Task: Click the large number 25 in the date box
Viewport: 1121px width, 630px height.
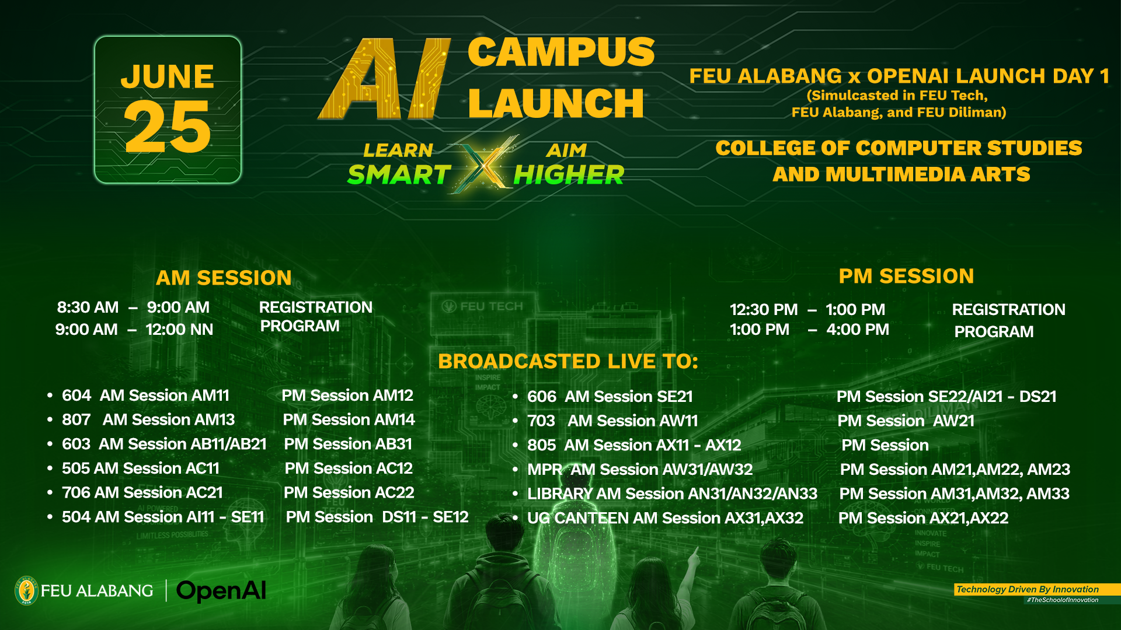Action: [x=168, y=127]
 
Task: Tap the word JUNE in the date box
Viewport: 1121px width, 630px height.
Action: [x=168, y=76]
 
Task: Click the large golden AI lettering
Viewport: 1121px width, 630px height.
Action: [x=384, y=79]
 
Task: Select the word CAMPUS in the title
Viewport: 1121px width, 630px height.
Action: [x=561, y=52]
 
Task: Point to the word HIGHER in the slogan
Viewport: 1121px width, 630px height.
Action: [x=569, y=175]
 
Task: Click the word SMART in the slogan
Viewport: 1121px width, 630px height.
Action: [x=399, y=175]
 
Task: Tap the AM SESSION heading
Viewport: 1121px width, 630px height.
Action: [x=224, y=278]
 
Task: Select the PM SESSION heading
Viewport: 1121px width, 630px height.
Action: [x=906, y=276]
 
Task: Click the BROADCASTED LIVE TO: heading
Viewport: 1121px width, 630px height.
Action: [x=568, y=361]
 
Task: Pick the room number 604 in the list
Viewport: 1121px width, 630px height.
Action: [x=76, y=395]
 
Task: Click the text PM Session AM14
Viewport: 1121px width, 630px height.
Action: [x=349, y=420]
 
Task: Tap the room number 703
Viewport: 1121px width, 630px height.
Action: [x=541, y=421]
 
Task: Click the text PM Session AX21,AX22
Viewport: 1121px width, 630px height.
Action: [x=923, y=519]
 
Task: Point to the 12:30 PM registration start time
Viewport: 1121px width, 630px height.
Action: [x=764, y=310]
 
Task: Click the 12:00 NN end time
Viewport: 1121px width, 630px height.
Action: [x=179, y=330]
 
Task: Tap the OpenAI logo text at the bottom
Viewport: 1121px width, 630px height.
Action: [x=221, y=591]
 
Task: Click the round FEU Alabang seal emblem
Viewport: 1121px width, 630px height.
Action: [x=26, y=591]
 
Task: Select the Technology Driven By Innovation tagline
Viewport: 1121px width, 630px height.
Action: [x=1028, y=590]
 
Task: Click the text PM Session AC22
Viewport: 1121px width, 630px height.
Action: [x=349, y=493]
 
